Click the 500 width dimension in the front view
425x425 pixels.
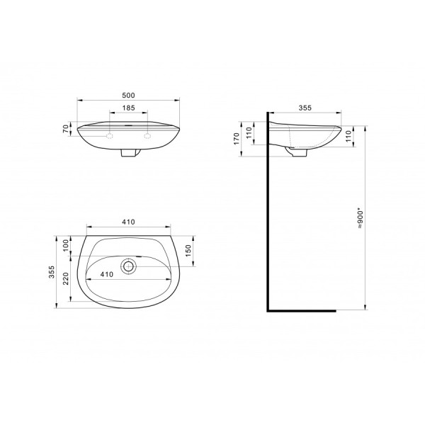coord(128,94)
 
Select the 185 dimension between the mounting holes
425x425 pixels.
coord(128,108)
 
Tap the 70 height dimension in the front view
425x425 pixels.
coord(65,129)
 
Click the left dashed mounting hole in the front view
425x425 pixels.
coord(110,134)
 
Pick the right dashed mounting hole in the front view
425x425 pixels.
coord(147,134)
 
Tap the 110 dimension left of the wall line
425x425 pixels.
coord(249,132)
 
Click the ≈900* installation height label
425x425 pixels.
coord(361,215)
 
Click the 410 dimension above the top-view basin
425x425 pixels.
coord(128,222)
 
